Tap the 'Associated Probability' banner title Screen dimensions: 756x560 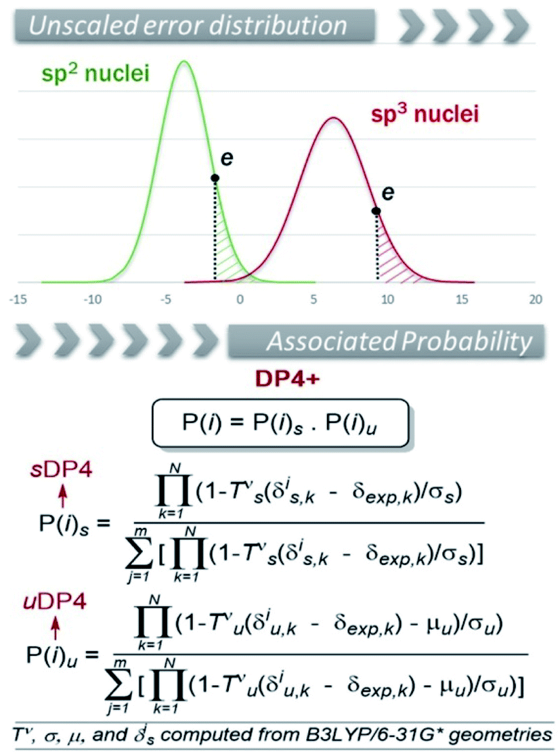pos(398,342)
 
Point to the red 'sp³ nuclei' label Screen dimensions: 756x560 pos(425,113)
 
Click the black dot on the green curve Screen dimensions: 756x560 pos(215,178)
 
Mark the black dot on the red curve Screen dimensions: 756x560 pos(376,211)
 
